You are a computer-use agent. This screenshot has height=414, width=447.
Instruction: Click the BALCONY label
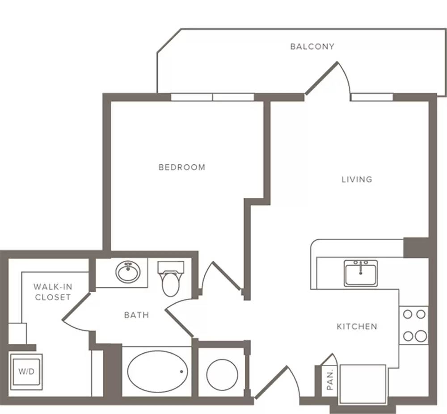pyautogui.click(x=312, y=46)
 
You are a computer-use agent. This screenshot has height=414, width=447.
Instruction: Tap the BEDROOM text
pyautogui.click(x=182, y=167)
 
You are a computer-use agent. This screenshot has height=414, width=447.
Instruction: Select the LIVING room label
pyautogui.click(x=357, y=180)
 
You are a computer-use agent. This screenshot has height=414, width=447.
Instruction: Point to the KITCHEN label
pyautogui.click(x=357, y=326)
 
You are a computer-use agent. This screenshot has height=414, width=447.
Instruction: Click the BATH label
pyautogui.click(x=136, y=315)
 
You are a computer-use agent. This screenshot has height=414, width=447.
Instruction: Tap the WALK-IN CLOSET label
pyautogui.click(x=53, y=292)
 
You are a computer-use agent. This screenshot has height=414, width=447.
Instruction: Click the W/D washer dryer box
pyautogui.click(x=26, y=371)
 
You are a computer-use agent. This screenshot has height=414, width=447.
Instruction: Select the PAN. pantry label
pyautogui.click(x=330, y=380)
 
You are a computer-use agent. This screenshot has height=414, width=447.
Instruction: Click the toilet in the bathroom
pyautogui.click(x=170, y=279)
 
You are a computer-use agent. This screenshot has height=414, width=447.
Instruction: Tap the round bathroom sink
pyautogui.click(x=128, y=272)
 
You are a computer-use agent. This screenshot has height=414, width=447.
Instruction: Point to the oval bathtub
pyautogui.click(x=158, y=372)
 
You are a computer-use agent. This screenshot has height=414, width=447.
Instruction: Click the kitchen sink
pyautogui.click(x=361, y=273)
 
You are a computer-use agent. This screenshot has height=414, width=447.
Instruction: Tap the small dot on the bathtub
pyautogui.click(x=181, y=371)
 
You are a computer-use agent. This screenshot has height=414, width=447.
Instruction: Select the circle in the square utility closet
pyautogui.click(x=222, y=375)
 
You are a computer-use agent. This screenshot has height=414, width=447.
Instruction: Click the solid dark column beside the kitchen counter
pyautogui.click(x=416, y=248)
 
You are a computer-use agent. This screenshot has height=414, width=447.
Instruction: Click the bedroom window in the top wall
pyautogui.click(x=212, y=97)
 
